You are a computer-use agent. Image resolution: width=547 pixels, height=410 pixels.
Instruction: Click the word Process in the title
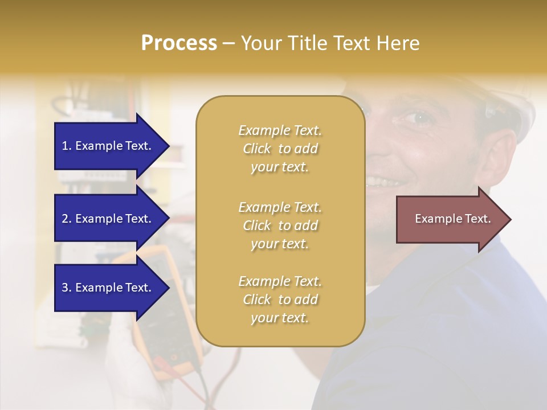tap(179, 43)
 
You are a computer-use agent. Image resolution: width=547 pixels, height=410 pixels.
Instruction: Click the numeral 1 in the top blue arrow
tap(65, 146)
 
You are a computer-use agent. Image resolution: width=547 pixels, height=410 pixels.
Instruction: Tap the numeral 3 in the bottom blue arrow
tap(65, 288)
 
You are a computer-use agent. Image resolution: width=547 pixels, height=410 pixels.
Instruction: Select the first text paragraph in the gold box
tap(280, 149)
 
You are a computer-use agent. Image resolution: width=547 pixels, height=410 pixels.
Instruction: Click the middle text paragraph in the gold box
tap(280, 225)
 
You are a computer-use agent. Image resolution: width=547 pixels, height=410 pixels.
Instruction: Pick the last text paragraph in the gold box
tap(280, 300)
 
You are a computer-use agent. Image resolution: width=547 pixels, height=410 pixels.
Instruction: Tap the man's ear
tap(496, 154)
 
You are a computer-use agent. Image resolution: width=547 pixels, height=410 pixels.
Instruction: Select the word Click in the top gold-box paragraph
tap(257, 149)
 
